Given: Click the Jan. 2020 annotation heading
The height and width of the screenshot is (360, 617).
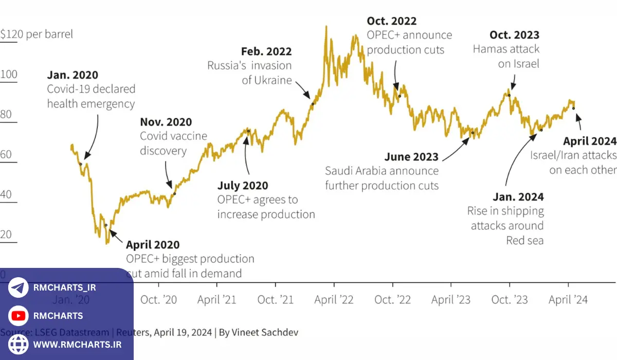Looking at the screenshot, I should click(x=72, y=76).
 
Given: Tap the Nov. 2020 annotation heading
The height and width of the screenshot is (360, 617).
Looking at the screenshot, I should click(x=166, y=122).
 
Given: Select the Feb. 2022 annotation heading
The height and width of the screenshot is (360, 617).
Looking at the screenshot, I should click(x=266, y=51).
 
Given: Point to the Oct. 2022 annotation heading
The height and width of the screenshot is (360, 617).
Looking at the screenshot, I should click(x=391, y=21).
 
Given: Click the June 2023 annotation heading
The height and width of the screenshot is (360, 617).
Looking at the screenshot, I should click(x=411, y=157).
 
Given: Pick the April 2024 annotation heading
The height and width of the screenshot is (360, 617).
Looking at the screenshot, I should click(x=589, y=141).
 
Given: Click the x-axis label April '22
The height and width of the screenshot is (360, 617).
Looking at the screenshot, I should click(x=334, y=300).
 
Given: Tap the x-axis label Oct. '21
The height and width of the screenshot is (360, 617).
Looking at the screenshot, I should click(x=275, y=300).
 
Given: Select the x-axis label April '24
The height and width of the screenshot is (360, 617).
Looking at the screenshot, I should click(x=568, y=300).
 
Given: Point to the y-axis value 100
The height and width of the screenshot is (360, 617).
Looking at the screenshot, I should click(x=9, y=75).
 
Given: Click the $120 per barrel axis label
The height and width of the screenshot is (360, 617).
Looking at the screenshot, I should click(x=37, y=34).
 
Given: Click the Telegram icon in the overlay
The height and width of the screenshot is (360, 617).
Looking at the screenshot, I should click(x=19, y=288).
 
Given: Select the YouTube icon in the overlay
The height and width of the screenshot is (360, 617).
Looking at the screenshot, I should click(x=19, y=316).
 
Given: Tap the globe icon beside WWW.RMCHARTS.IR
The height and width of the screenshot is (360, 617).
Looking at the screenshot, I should click(x=19, y=344).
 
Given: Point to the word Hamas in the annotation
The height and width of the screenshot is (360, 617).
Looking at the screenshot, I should click(x=489, y=50).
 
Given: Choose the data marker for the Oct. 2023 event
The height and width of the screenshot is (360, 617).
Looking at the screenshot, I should click(x=509, y=95).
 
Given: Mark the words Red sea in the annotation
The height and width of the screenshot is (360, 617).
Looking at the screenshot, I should click(x=524, y=240).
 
